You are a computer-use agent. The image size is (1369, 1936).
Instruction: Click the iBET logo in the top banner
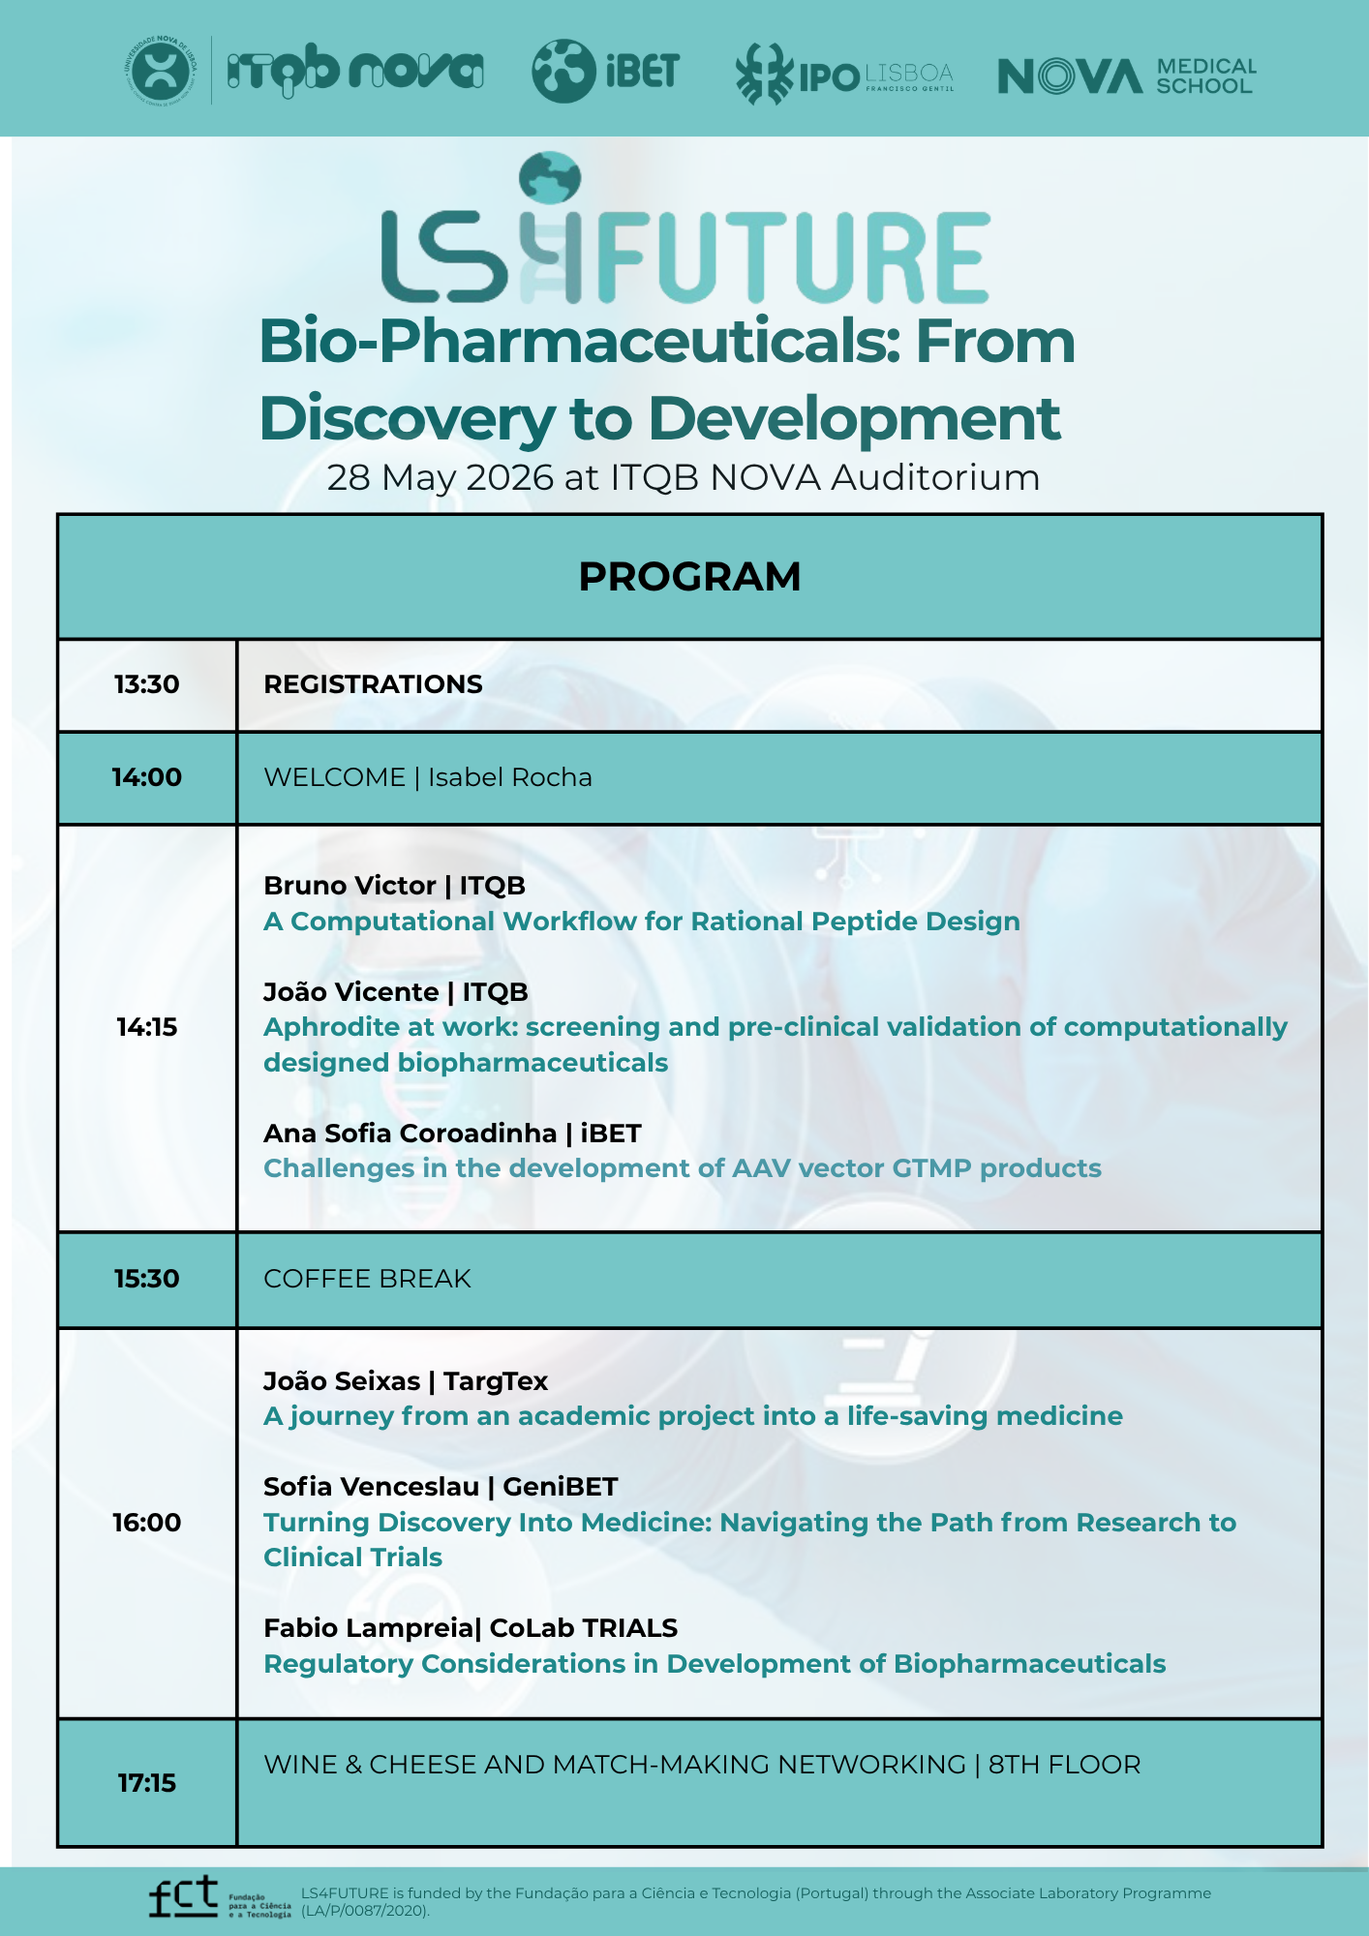605,71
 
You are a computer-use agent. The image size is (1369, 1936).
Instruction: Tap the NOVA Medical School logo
1126,76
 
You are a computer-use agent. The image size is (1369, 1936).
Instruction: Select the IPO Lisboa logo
843,75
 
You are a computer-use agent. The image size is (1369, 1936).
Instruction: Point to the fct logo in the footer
184,1896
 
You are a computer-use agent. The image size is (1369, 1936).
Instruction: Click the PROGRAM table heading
689,577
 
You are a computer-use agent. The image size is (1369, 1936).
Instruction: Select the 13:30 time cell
147,684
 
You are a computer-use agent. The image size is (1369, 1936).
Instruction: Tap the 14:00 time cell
147,777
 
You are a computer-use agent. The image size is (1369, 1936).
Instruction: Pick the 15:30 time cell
147,1279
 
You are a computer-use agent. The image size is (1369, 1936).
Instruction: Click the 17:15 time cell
147,1782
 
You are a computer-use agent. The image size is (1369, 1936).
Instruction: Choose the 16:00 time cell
147,1523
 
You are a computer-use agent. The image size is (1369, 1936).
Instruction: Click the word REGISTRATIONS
373,684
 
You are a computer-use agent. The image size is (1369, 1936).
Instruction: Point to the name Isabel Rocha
510,777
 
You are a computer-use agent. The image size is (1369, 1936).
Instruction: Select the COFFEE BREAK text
367,1279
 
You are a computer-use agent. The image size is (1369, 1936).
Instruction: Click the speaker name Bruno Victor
350,886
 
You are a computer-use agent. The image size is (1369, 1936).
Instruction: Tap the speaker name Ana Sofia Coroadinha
411,1134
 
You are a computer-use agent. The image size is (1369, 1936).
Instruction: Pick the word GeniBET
560,1487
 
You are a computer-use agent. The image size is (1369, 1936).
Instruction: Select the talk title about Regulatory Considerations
715,1664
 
